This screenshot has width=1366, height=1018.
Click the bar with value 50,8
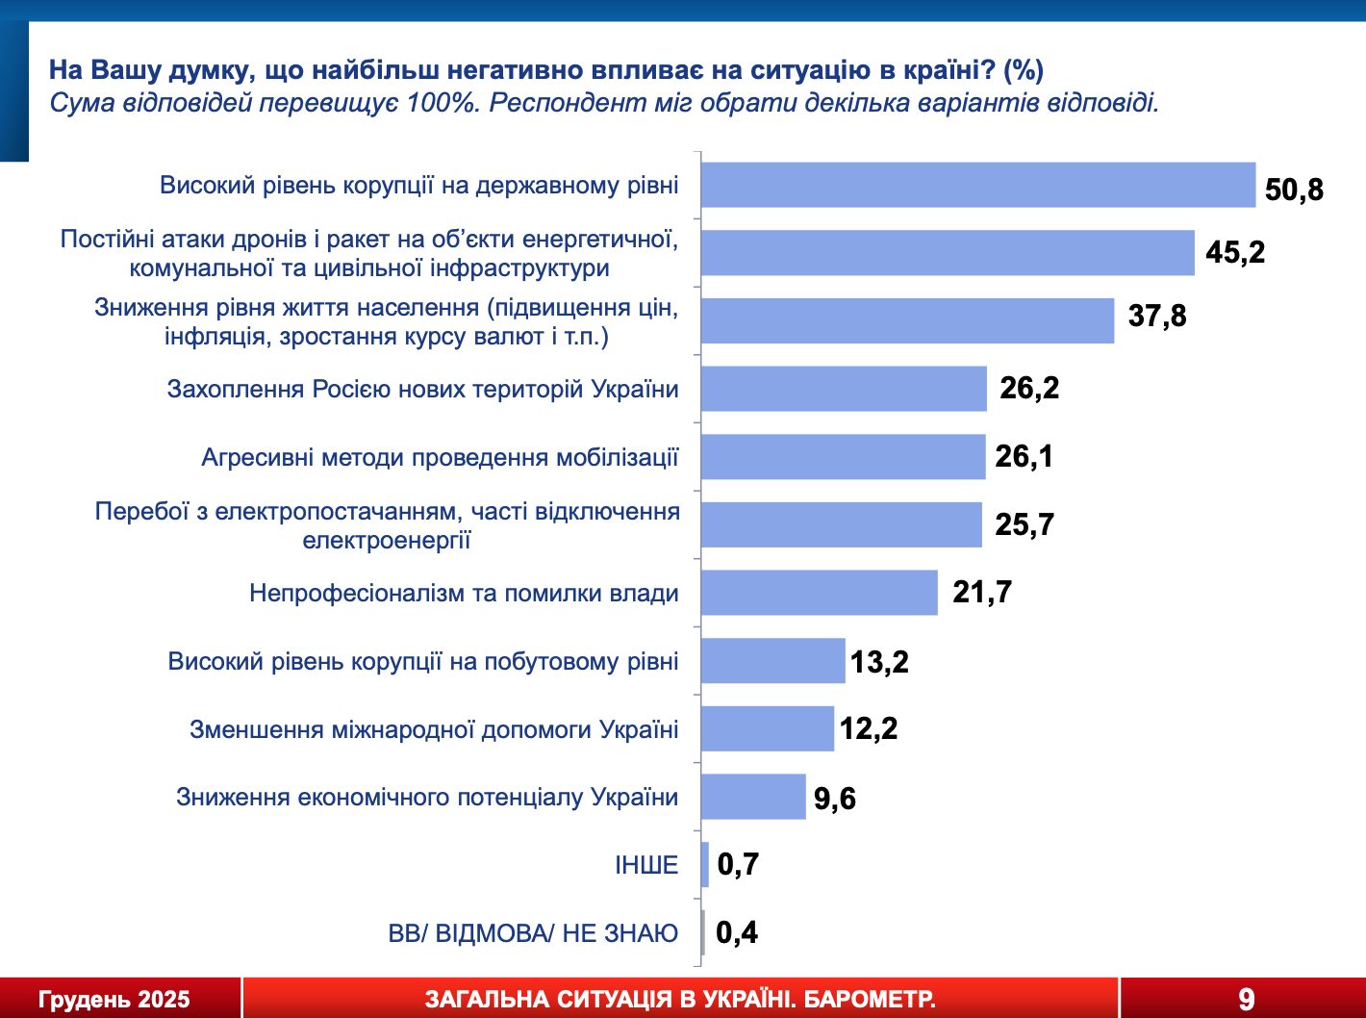click(977, 185)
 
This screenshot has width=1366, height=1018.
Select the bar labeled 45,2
click(948, 253)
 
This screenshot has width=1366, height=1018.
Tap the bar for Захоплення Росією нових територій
click(844, 389)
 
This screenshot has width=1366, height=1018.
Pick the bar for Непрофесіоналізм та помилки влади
click(819, 593)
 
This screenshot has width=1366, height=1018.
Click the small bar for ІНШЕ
click(705, 864)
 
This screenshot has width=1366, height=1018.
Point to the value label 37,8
click(1157, 316)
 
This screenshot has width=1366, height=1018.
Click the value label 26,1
click(1024, 456)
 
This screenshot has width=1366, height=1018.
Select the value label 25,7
click(1024, 524)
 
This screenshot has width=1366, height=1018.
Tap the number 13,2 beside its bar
click(879, 662)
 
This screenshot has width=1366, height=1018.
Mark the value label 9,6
click(835, 799)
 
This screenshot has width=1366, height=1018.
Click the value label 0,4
click(737, 932)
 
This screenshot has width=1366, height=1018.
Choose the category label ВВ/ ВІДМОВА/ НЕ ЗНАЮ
click(533, 933)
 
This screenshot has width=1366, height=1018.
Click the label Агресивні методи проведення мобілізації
click(440, 457)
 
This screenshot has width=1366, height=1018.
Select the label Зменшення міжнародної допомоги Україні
click(434, 729)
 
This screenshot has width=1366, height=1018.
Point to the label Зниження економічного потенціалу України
click(427, 798)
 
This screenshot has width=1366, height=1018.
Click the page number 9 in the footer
click(1247, 999)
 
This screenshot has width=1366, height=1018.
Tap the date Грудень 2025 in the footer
click(114, 1000)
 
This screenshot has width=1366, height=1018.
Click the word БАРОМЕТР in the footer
click(870, 1000)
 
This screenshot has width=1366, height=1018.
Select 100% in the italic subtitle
click(443, 103)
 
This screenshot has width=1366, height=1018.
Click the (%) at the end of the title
click(1024, 70)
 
